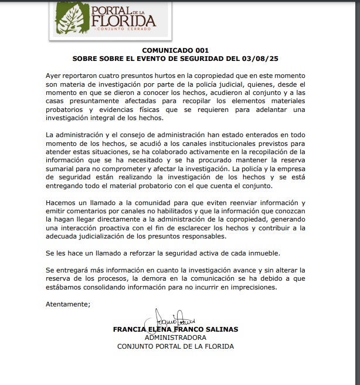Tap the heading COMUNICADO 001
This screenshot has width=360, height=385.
pyautogui.click(x=175, y=50)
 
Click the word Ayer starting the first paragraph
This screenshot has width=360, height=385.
pyautogui.click(x=55, y=76)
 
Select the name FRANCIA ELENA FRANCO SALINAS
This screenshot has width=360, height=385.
pyautogui.click(x=175, y=329)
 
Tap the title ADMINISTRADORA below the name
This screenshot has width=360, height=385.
pyautogui.click(x=175, y=338)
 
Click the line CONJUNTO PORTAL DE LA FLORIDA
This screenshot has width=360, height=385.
pyautogui.click(x=175, y=346)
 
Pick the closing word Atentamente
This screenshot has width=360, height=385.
pyautogui.click(x=68, y=304)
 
